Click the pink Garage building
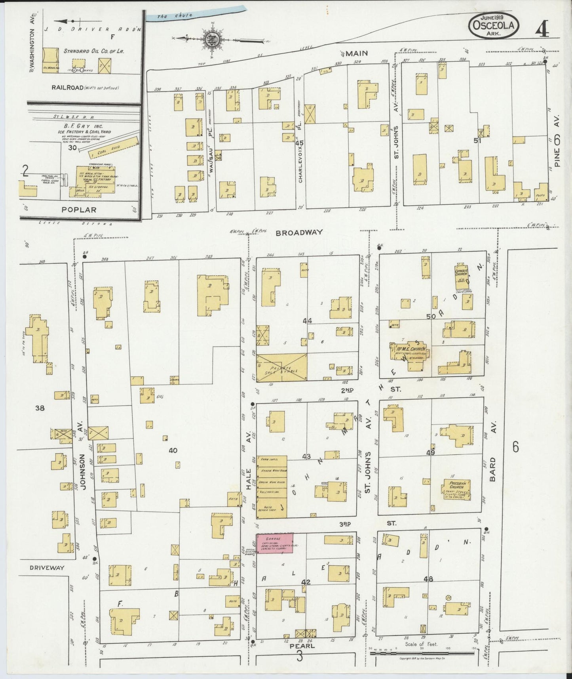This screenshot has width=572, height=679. click(275, 543)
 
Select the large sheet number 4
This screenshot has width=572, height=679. click(542, 28)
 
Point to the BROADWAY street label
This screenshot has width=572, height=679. click(299, 233)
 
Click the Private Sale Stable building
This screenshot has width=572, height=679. click(282, 368)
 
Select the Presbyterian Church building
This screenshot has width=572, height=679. click(457, 490)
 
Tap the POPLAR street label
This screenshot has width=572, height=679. click(79, 210)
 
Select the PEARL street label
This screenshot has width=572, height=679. click(302, 646)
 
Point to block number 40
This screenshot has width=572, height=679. click(173, 450)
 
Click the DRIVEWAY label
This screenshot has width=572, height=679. click(47, 568)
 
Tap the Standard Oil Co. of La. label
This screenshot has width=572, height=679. click(94, 51)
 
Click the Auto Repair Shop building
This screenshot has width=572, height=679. click(272, 508)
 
